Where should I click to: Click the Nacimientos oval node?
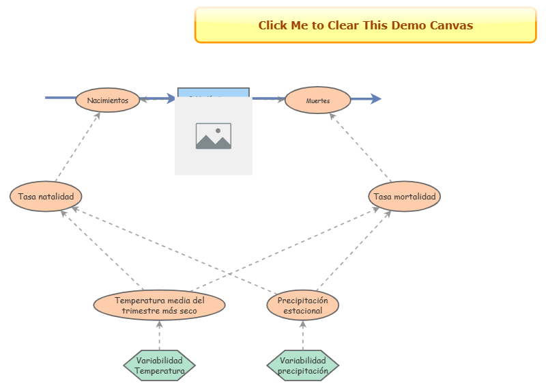[x=108, y=100]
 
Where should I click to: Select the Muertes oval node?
[x=317, y=100]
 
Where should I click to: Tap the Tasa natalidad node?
[x=46, y=197]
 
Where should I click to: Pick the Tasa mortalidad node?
[x=405, y=197]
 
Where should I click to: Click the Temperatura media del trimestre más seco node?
[x=159, y=305]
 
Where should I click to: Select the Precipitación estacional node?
[x=302, y=305]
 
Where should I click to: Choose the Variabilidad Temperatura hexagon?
[x=160, y=366]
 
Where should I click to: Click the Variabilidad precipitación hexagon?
[x=303, y=366]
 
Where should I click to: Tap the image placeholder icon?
[x=214, y=136]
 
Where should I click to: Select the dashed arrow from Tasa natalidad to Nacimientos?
[x=76, y=147]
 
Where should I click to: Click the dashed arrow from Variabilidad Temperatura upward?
[x=160, y=335]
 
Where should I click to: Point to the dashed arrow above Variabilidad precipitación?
[x=303, y=335]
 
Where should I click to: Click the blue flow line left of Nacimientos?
[x=60, y=98]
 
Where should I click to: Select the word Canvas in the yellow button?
[x=451, y=25]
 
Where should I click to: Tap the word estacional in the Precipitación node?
[x=302, y=311]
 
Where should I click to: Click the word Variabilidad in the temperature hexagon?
[x=160, y=361]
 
